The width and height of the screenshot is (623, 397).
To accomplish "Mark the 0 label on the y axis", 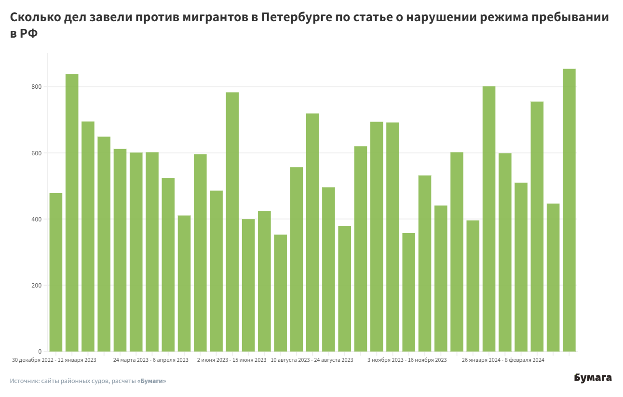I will pos(41,351).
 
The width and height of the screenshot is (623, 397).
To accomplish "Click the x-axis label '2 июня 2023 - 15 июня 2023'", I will pos(232,360).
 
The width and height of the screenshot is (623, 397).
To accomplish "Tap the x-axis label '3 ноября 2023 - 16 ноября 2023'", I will pos(407,360).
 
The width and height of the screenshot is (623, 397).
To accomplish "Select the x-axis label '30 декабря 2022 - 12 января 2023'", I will pos(54,360).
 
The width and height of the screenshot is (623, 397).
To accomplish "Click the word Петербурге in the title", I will pos(296,18).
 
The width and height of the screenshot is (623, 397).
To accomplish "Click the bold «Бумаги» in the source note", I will pos(151,381).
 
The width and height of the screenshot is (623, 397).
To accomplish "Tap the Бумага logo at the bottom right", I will pos(593,378).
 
